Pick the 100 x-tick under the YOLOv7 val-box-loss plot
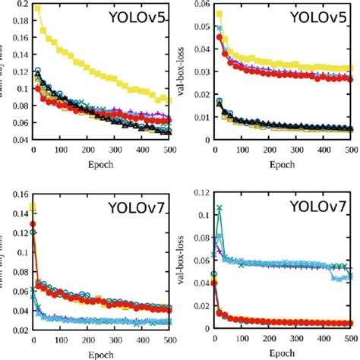pyautogui.click(x=242, y=338)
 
